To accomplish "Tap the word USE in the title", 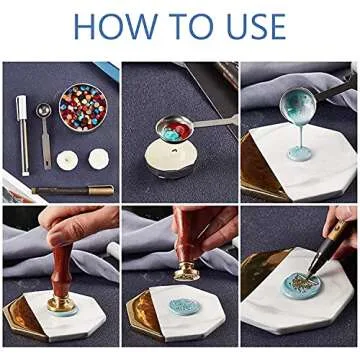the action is [257, 27].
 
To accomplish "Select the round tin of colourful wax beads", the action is [83, 107].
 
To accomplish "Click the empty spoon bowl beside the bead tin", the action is [44, 110].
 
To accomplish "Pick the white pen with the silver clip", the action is [23, 135].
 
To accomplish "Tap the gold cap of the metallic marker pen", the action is [101, 190].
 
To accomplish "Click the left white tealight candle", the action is [67, 160].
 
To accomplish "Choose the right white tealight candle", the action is [99, 159].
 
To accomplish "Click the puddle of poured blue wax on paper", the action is [300, 154].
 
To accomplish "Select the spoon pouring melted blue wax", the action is [298, 106].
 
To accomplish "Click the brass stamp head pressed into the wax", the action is [61, 304].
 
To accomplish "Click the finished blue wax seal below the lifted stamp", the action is [184, 306].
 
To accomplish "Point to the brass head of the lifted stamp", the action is [187, 273].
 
